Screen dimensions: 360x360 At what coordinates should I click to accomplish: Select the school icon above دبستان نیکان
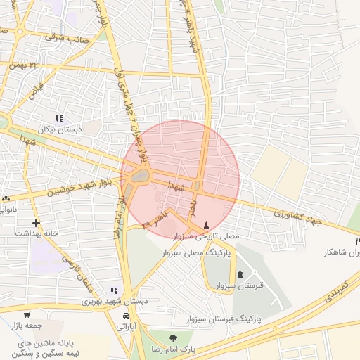59,118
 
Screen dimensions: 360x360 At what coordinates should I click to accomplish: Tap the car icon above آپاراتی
126,316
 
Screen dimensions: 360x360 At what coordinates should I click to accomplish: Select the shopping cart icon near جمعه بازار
27,315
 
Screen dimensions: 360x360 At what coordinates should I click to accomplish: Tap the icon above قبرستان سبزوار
241,274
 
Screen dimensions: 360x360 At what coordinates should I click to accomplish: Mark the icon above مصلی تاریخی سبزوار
205,226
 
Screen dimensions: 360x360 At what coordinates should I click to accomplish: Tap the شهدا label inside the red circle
176,185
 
